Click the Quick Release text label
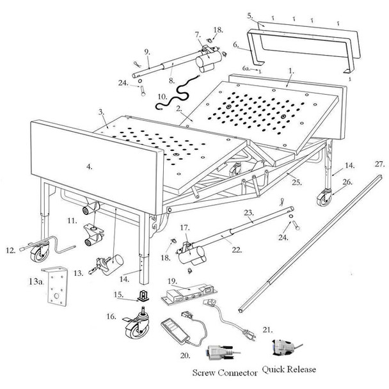point(289,369)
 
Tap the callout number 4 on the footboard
point(90,166)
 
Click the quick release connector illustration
point(282,347)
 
